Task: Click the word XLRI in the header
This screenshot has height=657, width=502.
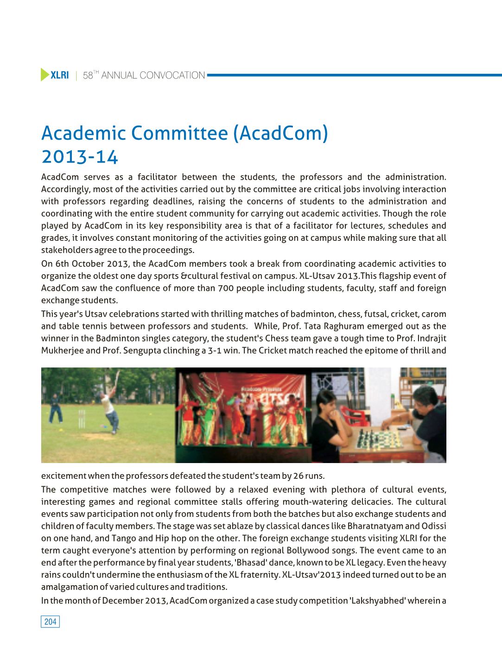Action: (59, 75)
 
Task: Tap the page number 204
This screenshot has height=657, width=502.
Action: (50, 622)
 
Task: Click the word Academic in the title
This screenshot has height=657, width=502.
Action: (83, 133)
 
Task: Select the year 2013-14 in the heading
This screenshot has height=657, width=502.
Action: (80, 157)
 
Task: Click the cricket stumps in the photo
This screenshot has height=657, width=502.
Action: (82, 419)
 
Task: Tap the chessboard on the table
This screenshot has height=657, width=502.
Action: (378, 439)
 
